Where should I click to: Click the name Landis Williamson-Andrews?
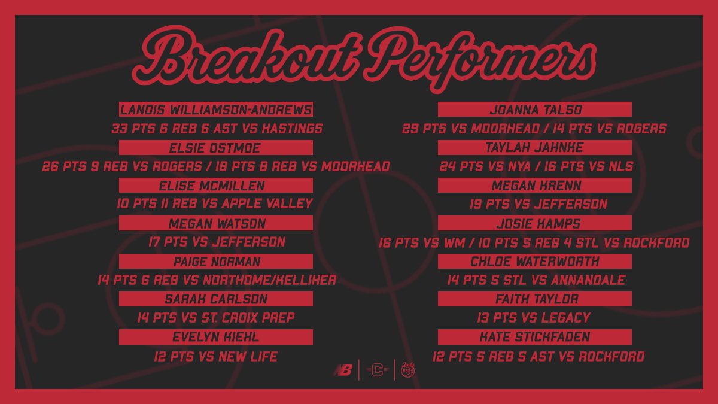pyautogui.click(x=216, y=110)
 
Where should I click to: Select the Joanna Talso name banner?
pyautogui.click(x=535, y=110)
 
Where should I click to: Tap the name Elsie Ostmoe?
pyautogui.click(x=216, y=148)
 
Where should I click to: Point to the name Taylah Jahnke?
pyautogui.click(x=535, y=148)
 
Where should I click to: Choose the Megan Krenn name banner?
pyautogui.click(x=535, y=186)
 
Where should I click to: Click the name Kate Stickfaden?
pyautogui.click(x=535, y=337)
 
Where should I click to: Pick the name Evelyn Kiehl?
pyautogui.click(x=216, y=337)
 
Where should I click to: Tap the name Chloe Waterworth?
pyautogui.click(x=535, y=262)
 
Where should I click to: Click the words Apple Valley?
pyautogui.click(x=267, y=204)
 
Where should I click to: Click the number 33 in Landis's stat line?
pyautogui.click(x=121, y=129)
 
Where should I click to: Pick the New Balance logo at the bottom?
pyautogui.click(x=342, y=370)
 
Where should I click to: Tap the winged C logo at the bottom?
pyautogui.click(x=376, y=370)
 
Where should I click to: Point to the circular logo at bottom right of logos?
pyautogui.click(x=409, y=370)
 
